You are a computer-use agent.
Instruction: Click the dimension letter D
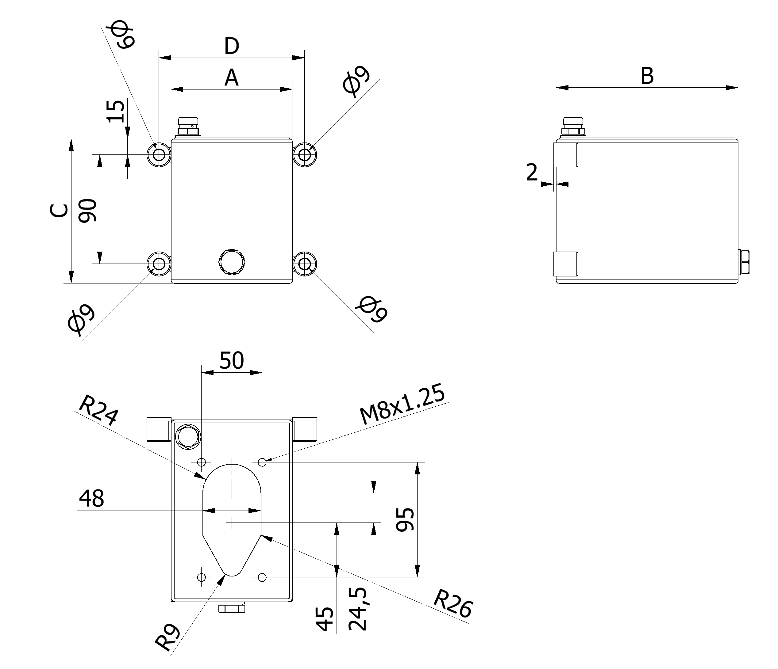tap(232, 47)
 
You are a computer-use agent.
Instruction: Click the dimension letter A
tap(232, 78)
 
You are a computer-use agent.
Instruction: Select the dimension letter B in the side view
tap(647, 76)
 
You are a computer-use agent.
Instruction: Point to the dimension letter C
tap(59, 211)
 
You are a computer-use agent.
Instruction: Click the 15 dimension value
tap(116, 111)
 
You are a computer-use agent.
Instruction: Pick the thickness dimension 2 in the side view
tap(532, 173)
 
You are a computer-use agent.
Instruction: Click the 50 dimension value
tap(232, 360)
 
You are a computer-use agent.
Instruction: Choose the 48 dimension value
tap(92, 498)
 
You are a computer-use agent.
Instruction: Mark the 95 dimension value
tap(406, 519)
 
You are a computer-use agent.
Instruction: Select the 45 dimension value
tap(324, 619)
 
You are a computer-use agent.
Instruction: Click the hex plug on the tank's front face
tap(232, 261)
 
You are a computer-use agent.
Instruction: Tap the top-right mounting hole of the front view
tap(305, 154)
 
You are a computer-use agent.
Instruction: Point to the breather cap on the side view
tap(573, 126)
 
